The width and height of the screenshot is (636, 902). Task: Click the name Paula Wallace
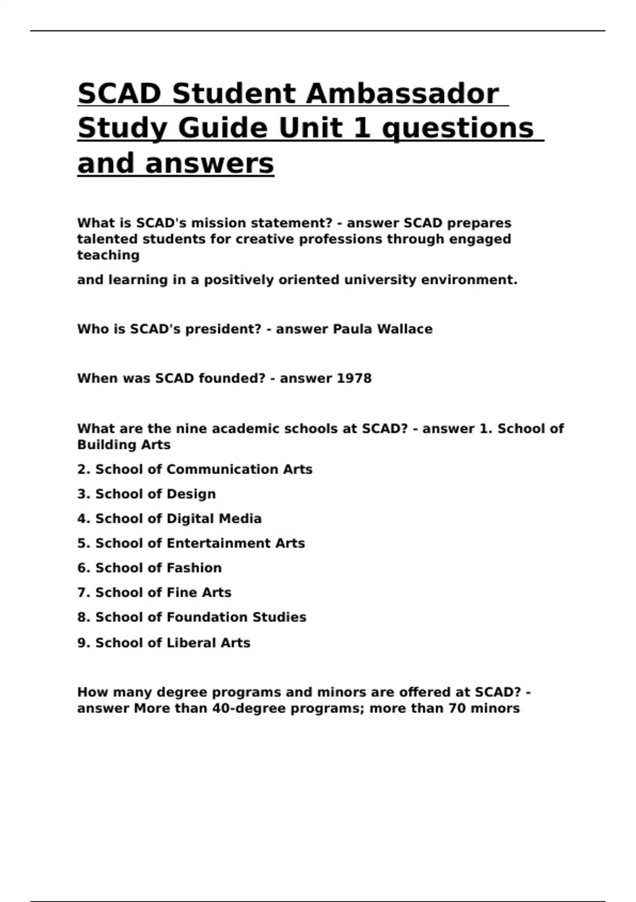(x=382, y=329)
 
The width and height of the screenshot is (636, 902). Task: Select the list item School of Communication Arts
(x=195, y=469)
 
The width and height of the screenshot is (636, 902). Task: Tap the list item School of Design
(x=146, y=494)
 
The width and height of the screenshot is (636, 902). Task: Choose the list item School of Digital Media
(x=169, y=518)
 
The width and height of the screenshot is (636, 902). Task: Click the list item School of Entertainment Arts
(x=191, y=543)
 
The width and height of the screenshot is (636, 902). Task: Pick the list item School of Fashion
(x=149, y=568)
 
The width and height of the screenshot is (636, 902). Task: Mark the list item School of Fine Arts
(x=154, y=592)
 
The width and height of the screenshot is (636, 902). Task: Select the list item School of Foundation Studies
(x=191, y=617)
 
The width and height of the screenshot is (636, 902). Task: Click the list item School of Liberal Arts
(x=163, y=643)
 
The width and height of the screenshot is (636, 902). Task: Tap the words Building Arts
(x=124, y=445)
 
